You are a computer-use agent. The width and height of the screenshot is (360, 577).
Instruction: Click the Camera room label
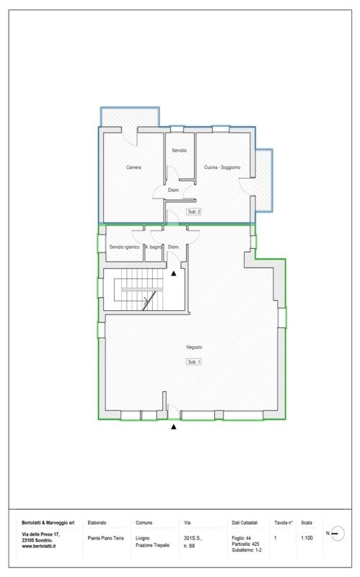coord(133,167)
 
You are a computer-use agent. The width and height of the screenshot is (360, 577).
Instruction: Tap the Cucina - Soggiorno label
coord(222,167)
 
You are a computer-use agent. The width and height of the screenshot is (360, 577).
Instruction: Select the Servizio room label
coord(179,150)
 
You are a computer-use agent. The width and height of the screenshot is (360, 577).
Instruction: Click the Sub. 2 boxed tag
coord(193,212)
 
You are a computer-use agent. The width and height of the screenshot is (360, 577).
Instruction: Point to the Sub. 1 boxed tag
coord(193,361)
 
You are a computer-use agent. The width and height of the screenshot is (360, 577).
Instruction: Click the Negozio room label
coord(193,347)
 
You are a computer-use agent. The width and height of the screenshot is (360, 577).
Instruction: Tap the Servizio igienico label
coord(124,247)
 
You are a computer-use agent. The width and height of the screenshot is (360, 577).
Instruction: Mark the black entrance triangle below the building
coord(173,427)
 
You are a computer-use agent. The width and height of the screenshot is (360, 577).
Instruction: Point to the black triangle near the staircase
coord(173,273)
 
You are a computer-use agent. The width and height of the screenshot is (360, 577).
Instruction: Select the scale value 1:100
coord(307,537)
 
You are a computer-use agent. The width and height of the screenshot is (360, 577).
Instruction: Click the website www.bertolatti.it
coord(41,547)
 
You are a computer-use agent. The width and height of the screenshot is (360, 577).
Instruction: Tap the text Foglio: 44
coord(242,538)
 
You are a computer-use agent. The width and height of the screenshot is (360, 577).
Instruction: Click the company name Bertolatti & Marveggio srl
coord(48,521)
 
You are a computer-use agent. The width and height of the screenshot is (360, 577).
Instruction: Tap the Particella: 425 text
coord(245,544)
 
